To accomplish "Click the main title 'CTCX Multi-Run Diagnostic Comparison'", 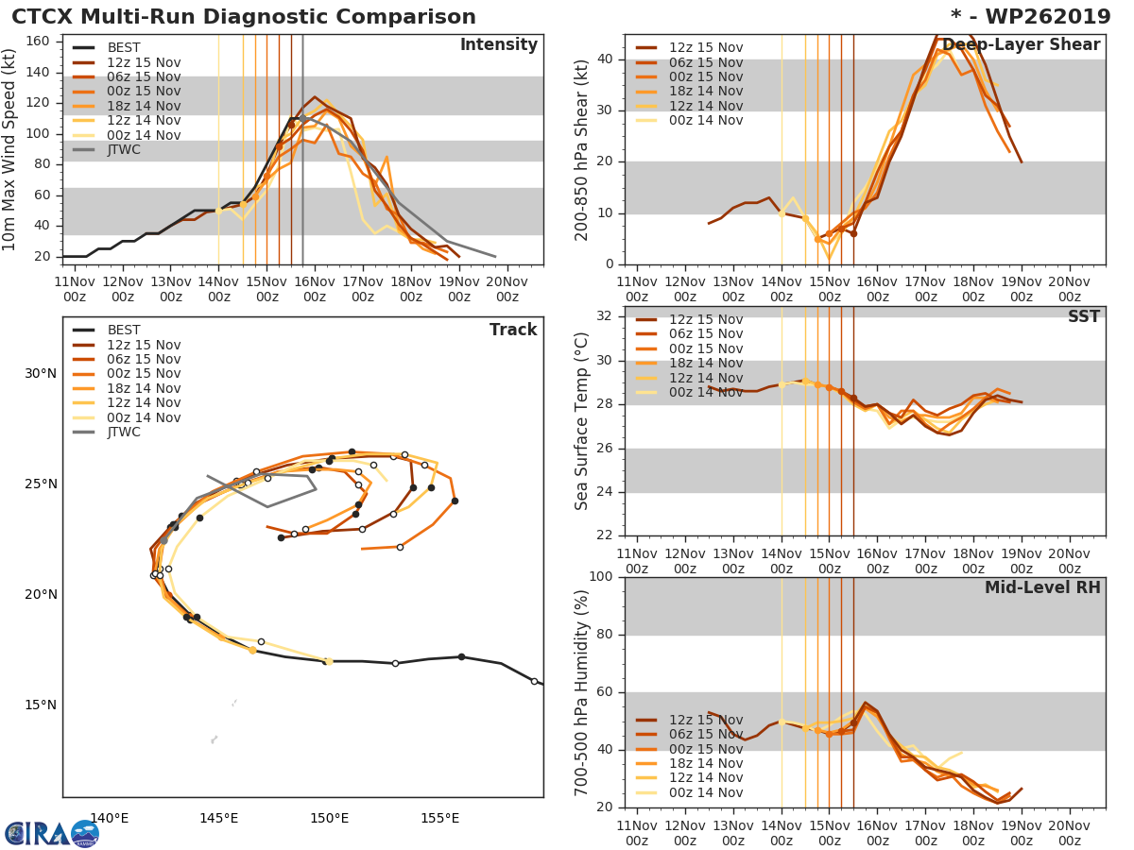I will coord(244,17).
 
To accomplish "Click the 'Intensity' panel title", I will coord(498,45).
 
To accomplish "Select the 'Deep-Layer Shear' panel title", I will coord(1021,45).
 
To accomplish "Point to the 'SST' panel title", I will coord(1083,317).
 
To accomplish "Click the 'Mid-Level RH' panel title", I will coord(1041,588).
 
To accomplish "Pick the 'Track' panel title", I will coord(512,330).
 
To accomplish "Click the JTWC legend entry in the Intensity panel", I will coord(125,149).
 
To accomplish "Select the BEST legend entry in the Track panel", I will coord(124,330).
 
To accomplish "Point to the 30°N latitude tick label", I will coord(40,373).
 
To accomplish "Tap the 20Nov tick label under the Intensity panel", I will coord(507,289).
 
